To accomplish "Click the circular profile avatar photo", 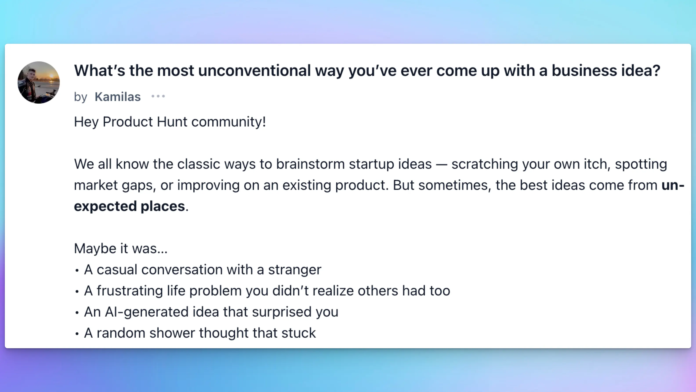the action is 39,82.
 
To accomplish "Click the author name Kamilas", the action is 118,97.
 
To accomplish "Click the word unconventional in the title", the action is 254,71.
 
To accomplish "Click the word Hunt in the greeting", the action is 172,122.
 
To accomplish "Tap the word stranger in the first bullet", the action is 294,270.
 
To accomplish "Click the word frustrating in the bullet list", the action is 130,291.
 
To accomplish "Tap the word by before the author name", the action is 80,97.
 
